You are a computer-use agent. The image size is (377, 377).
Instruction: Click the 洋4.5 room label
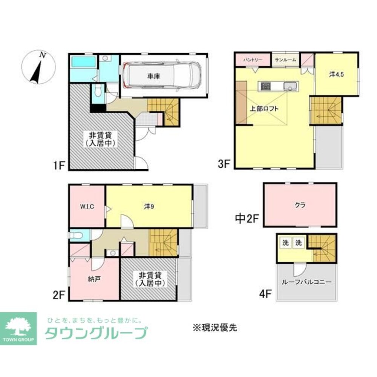tap(337, 74)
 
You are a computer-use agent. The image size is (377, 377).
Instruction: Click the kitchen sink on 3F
tap(290, 86)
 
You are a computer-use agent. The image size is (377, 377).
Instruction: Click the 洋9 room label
tap(149, 206)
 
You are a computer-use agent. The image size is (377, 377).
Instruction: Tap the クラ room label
tap(300, 205)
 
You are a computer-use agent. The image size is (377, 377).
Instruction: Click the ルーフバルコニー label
tap(307, 282)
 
